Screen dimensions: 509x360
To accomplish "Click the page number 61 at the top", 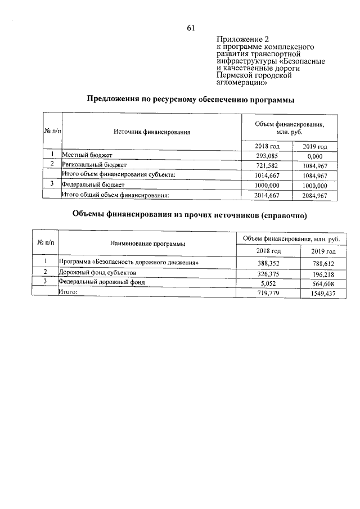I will pos(190,28).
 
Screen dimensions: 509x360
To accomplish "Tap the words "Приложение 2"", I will pos(238,39).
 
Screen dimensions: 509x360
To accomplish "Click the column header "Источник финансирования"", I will pos(151,132).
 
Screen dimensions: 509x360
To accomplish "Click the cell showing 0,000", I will pos(314,155).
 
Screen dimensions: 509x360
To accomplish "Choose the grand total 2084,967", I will pos(314,195).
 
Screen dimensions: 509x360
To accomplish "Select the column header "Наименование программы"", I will pos(148,244).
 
